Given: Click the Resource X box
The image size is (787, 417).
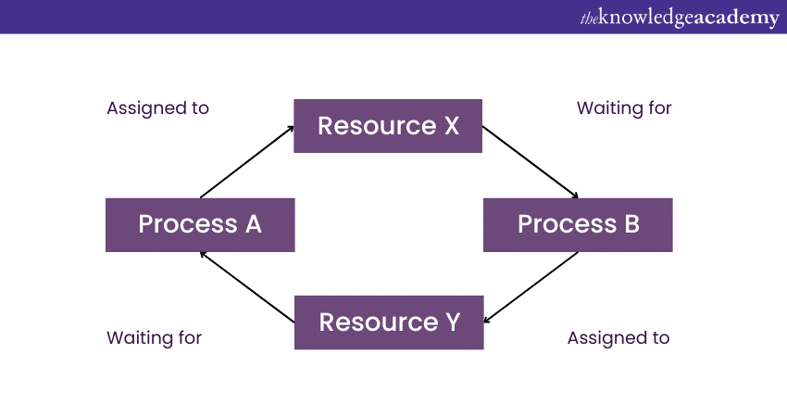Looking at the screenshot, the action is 388,126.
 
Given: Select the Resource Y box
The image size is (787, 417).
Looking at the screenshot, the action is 389,322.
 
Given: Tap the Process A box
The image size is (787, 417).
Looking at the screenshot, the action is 200,225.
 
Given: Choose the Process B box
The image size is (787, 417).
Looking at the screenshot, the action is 578,225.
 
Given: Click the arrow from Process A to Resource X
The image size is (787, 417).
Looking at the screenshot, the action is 247,162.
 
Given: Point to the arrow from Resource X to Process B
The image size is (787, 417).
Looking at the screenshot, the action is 531,162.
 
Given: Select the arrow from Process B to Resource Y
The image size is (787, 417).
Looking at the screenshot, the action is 531,287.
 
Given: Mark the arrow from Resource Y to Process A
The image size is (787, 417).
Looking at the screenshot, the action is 247,287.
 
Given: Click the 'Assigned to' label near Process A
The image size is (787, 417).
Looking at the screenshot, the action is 157,108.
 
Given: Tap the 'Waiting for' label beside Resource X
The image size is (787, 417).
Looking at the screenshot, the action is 624,108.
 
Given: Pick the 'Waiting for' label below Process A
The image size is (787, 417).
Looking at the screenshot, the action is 154,337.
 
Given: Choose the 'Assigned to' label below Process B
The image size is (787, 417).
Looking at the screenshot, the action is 618,338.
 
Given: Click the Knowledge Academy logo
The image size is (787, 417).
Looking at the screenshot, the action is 680,18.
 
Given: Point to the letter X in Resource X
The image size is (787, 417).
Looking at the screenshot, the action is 452,126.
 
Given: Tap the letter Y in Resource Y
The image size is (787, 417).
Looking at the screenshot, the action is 453,322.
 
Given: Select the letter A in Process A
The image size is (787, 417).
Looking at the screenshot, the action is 254,224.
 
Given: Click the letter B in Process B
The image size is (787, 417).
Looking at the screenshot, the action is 631,224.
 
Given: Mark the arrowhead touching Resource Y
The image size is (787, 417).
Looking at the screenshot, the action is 487,320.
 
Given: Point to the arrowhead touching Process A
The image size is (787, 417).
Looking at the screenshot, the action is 204,255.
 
